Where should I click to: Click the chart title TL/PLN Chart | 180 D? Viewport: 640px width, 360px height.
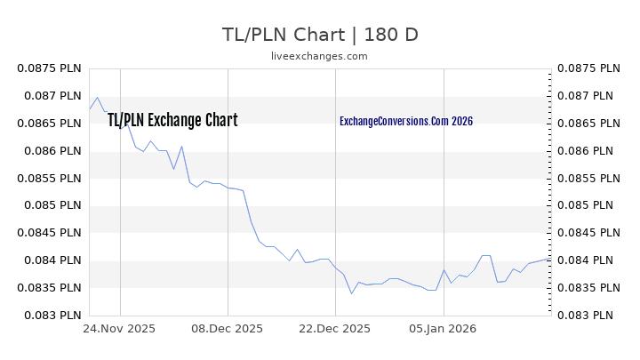click(x=319, y=35)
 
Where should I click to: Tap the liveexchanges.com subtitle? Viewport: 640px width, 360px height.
click(x=319, y=56)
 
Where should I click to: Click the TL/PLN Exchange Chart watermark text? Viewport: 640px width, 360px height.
click(x=172, y=121)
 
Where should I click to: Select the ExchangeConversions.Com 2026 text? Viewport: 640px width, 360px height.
click(x=406, y=121)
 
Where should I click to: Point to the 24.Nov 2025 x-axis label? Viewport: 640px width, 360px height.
click(x=120, y=328)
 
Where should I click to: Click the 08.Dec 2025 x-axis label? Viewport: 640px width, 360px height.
click(x=228, y=328)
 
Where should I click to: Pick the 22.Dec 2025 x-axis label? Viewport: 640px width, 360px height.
click(x=335, y=328)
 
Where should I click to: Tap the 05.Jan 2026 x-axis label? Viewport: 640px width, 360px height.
click(x=444, y=328)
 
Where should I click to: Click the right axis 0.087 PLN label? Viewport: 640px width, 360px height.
click(x=588, y=96)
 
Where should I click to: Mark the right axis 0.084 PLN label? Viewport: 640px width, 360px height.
click(x=588, y=260)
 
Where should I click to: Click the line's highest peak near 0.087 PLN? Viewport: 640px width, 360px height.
click(x=97, y=98)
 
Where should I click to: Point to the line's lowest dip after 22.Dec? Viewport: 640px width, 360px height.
click(x=351, y=293)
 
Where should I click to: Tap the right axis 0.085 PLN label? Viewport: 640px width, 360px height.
click(x=588, y=206)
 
